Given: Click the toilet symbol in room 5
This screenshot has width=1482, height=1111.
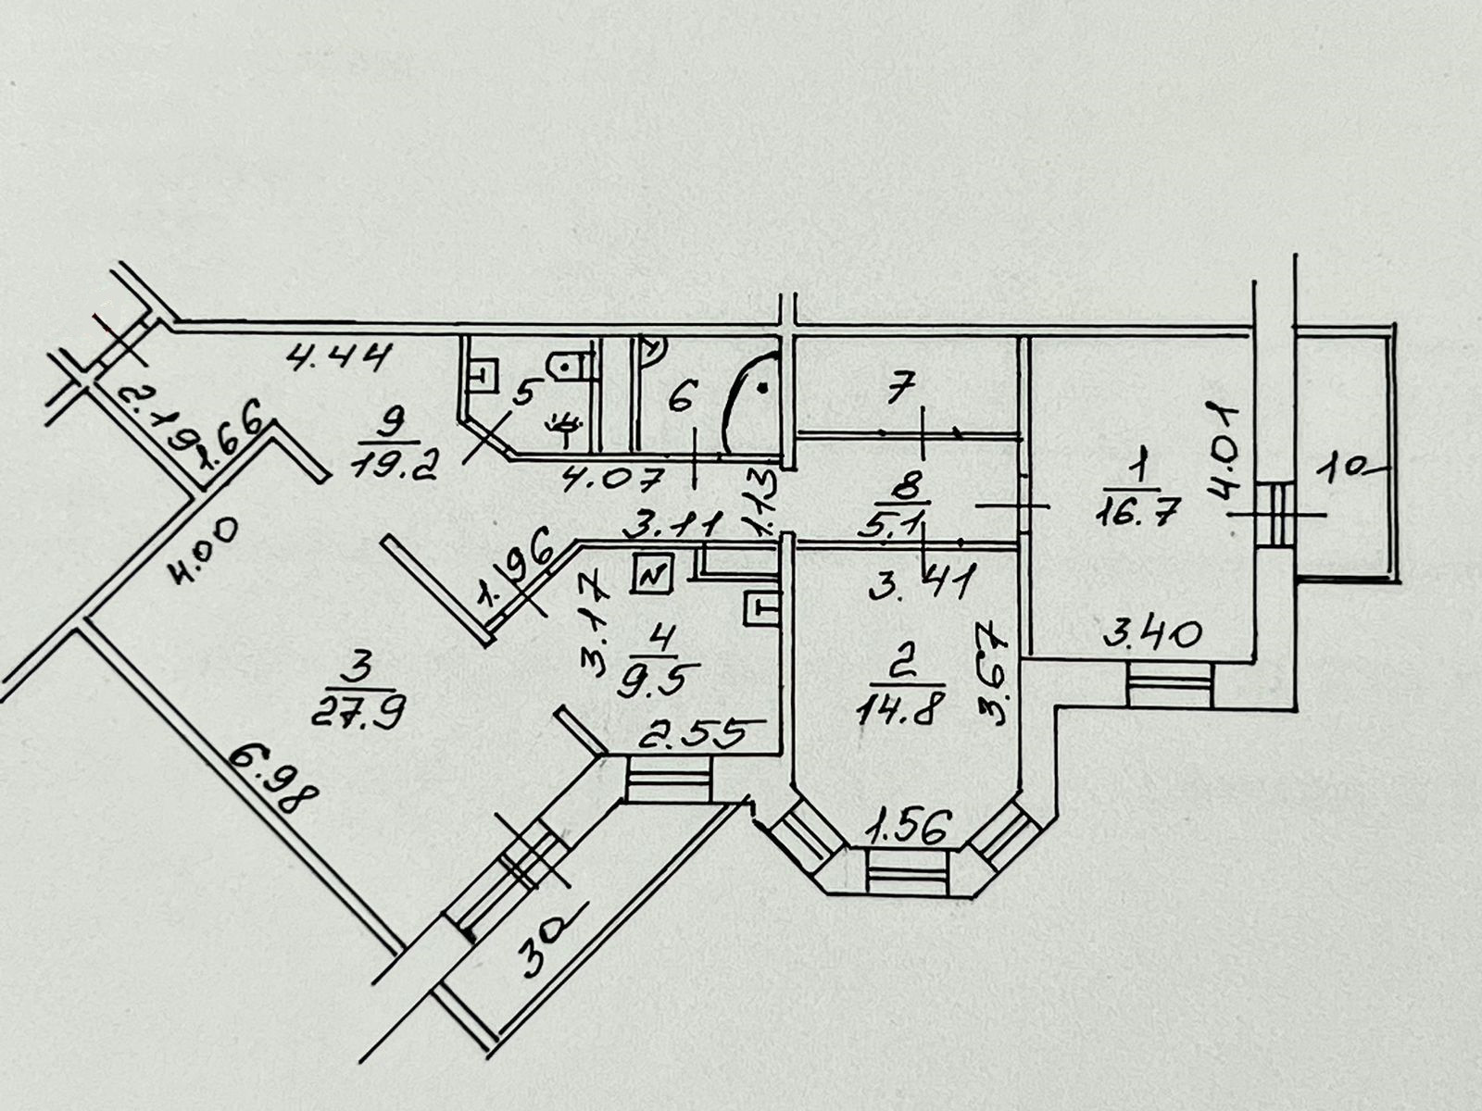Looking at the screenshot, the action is (x=568, y=367).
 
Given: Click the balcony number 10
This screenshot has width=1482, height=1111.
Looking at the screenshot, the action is (x=1354, y=470).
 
